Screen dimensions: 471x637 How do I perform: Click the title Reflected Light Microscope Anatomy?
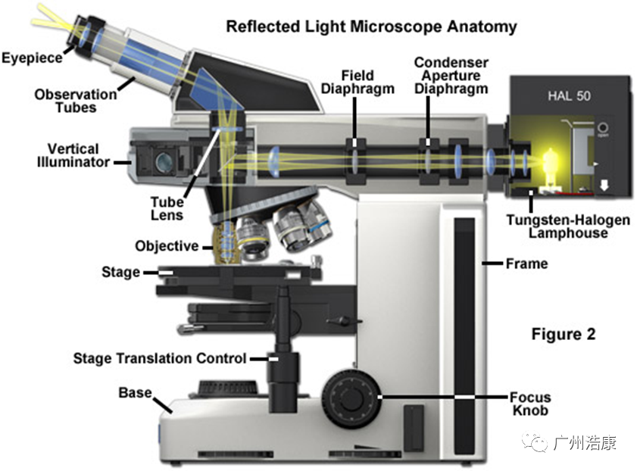[371, 27]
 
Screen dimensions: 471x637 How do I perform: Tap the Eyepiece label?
[32, 58]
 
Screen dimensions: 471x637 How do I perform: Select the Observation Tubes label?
[76, 101]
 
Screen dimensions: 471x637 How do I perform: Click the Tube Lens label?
[167, 208]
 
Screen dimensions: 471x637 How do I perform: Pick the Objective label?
[166, 246]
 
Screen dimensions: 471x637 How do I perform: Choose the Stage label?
[120, 271]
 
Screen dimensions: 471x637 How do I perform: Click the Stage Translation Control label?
[160, 358]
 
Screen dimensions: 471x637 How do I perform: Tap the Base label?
[134, 394]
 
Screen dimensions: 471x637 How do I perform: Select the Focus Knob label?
[530, 404]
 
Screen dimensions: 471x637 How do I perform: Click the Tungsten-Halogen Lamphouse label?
[569, 226]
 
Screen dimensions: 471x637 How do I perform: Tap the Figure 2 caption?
[563, 334]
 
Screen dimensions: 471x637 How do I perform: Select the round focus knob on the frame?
[351, 396]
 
